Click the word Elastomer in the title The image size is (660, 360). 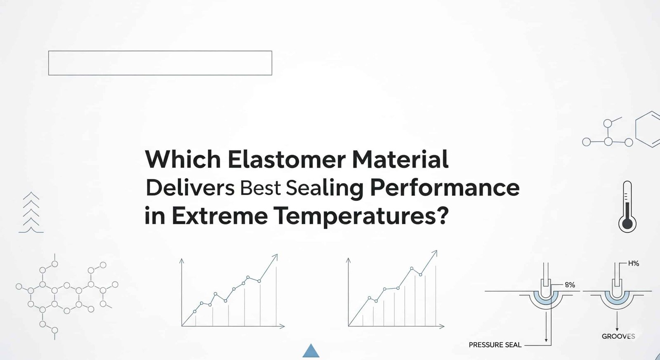(286, 160)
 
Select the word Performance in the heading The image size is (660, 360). (444, 188)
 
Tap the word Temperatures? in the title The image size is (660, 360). (361, 216)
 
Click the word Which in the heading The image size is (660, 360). (183, 160)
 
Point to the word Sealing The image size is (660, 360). (325, 188)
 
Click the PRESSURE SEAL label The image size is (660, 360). (495, 345)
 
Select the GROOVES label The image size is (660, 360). (618, 336)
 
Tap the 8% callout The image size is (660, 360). (570, 285)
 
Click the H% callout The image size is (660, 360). (633, 264)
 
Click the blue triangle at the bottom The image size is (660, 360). (311, 351)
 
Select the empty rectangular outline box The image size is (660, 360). (160, 63)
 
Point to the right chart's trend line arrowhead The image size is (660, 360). (435, 252)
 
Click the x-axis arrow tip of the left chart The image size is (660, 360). (283, 326)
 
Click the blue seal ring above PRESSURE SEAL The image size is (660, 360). (546, 300)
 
